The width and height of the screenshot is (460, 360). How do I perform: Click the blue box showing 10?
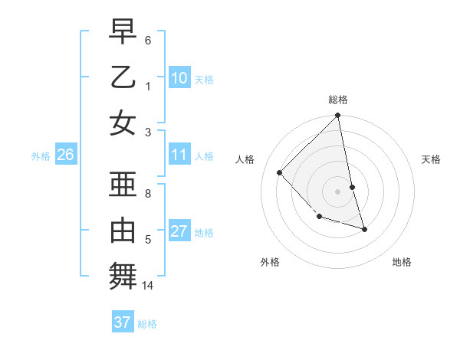[x=179, y=77]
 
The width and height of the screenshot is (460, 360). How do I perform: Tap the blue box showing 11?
[x=179, y=155]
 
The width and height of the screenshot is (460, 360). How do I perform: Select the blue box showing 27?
[x=179, y=231]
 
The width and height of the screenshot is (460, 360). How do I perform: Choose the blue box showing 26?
[x=65, y=155]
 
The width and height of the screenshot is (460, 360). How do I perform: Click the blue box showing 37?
[x=122, y=322]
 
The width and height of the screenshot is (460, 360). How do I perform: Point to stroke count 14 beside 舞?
[x=149, y=286]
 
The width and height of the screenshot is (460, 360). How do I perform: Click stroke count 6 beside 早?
[x=148, y=39]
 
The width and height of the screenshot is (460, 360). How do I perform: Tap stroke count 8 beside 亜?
[x=148, y=194]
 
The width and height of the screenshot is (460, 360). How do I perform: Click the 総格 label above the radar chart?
[x=338, y=100]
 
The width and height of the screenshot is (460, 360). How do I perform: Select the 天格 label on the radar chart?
[x=432, y=159]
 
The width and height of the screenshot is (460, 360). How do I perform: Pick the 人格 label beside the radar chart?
[x=245, y=159]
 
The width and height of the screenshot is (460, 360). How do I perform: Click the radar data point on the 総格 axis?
[x=338, y=116]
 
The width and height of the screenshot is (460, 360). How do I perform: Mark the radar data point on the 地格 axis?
[x=364, y=229]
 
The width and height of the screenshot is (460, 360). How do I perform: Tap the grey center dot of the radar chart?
[x=338, y=191]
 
